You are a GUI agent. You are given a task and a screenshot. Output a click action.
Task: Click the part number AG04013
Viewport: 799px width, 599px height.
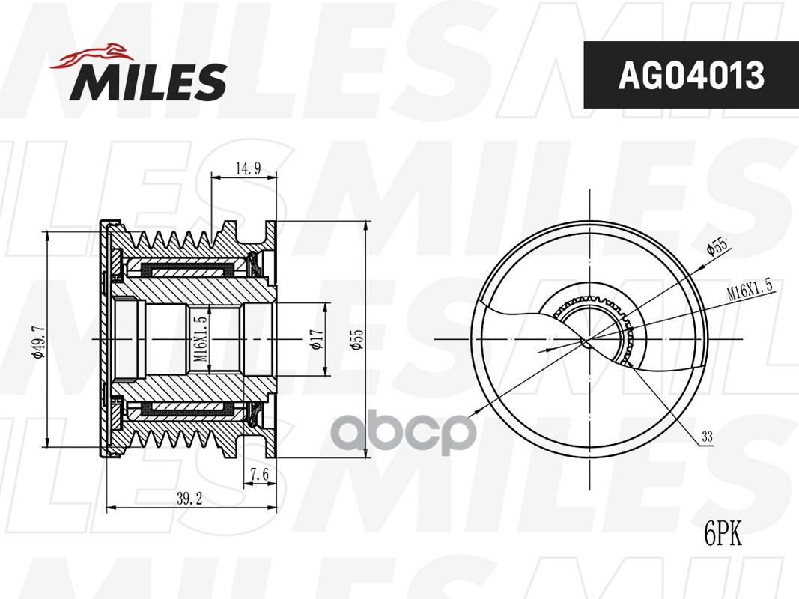coord(690,75)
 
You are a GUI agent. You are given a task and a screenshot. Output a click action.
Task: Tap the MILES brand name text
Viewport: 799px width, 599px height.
coord(148,82)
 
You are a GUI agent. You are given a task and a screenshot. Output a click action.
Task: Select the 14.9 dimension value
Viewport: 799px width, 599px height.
coord(247,168)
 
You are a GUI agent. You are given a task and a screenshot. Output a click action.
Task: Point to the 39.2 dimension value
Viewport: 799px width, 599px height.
coord(187,498)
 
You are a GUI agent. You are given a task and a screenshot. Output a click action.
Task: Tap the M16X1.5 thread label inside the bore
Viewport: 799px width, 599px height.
coord(200,339)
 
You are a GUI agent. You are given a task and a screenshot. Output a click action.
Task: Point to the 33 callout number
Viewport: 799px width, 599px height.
coord(708,437)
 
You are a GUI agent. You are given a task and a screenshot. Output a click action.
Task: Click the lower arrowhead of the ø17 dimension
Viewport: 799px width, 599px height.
coord(326,372)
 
